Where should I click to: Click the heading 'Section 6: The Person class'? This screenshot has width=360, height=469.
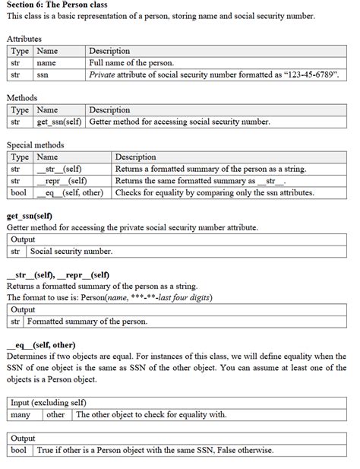(x=56, y=5)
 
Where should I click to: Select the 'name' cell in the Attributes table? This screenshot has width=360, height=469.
(x=46, y=63)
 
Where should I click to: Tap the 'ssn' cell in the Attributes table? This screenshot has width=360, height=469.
(x=43, y=75)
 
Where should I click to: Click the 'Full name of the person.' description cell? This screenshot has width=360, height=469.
(x=131, y=63)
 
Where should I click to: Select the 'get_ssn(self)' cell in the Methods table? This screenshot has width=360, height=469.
(x=60, y=122)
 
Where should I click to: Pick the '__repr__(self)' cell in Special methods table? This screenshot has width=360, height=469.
(x=62, y=181)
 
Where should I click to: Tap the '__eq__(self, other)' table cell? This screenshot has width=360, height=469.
(x=69, y=193)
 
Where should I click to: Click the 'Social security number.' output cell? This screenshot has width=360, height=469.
(x=71, y=251)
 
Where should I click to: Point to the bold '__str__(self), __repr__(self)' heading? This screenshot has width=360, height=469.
(x=58, y=274)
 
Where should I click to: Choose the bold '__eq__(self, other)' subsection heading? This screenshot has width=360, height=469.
(x=40, y=344)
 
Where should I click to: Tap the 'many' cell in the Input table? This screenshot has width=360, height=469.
(x=21, y=415)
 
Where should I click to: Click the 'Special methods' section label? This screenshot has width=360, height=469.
(x=35, y=144)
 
